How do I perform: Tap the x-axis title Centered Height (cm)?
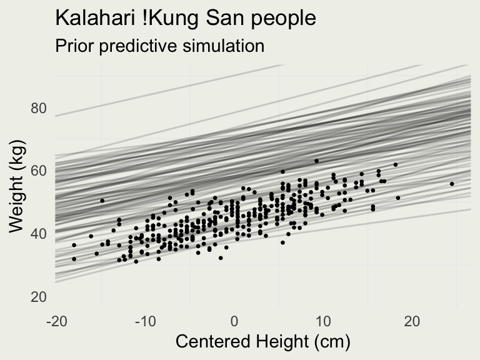click(262, 342)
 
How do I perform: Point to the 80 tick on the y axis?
click(39, 109)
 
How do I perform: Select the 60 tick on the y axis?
click(39, 171)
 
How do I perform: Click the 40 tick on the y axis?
click(39, 234)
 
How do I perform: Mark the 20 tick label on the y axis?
click(39, 297)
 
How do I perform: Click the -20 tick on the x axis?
click(56, 321)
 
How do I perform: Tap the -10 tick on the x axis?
click(145, 321)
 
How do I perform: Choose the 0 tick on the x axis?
click(234, 321)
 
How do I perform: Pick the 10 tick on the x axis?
click(323, 321)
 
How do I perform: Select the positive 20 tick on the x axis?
click(412, 321)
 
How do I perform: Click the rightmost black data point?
click(452, 184)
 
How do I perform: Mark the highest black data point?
click(316, 161)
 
